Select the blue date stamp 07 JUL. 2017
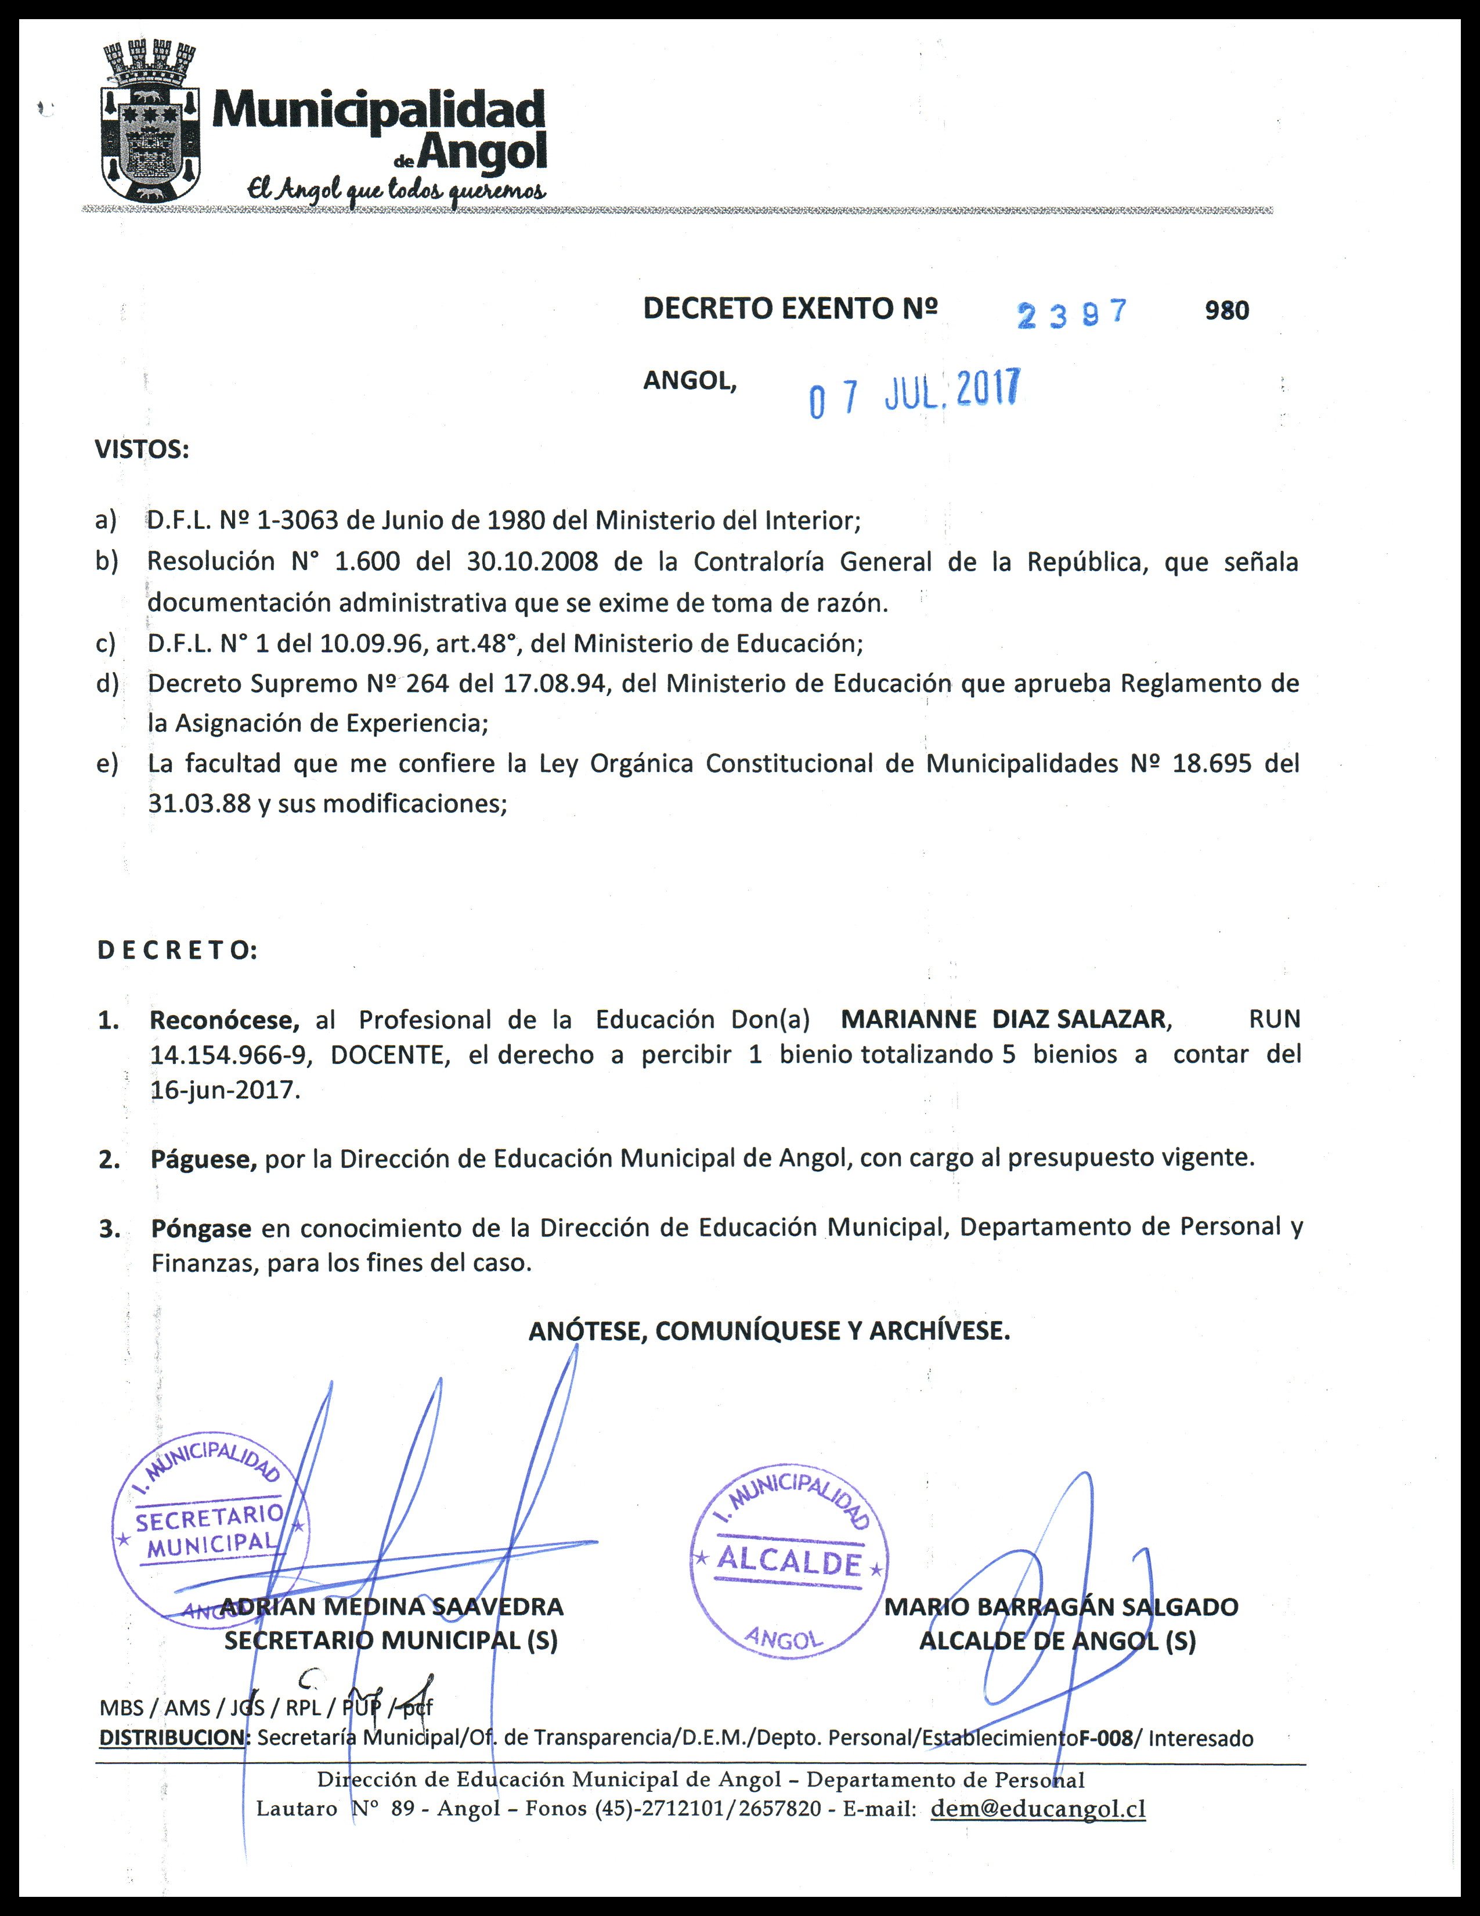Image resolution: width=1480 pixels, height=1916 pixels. [914, 393]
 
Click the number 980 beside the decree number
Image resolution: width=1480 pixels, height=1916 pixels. [1226, 311]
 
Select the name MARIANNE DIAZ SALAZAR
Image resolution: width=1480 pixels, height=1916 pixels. [1003, 1019]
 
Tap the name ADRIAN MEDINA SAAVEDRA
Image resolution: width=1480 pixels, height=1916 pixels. [391, 1606]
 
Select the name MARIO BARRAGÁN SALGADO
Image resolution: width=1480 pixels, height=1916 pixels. [1060, 1606]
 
